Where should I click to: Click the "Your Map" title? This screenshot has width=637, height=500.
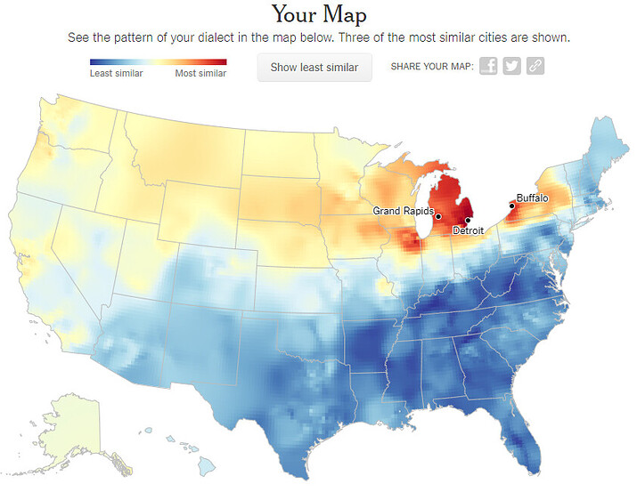click(318, 14)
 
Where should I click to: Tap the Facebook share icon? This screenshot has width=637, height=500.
click(488, 67)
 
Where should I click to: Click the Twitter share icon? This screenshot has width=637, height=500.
click(511, 67)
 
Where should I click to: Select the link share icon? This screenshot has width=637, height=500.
click(535, 67)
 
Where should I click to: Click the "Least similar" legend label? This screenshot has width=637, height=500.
click(116, 73)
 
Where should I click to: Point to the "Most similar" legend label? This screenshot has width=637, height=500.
click(200, 73)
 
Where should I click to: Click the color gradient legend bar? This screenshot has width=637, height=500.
click(158, 61)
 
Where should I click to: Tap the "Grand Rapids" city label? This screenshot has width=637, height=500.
click(403, 211)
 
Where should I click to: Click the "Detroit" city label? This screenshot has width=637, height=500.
click(469, 230)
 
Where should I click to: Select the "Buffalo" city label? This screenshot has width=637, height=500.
click(532, 198)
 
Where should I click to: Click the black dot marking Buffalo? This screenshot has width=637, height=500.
click(511, 206)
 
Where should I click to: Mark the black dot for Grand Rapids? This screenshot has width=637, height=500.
click(438, 216)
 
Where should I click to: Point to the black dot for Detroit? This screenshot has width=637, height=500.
click(468, 221)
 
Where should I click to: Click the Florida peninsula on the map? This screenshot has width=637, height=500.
click(526, 440)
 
